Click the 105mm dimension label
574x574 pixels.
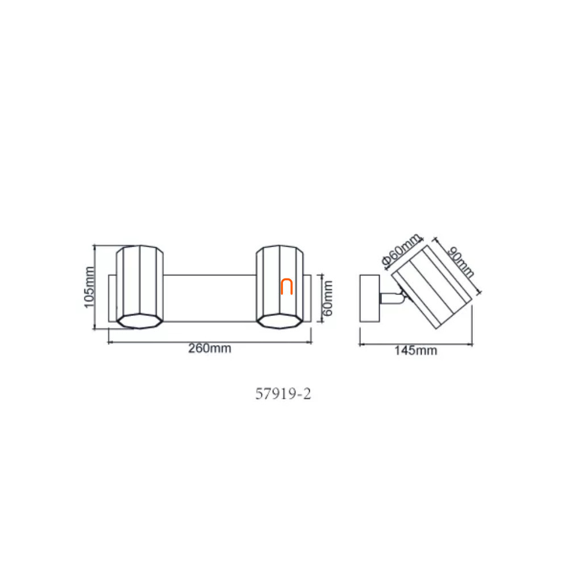click(x=89, y=288)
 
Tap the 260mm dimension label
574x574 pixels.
click(x=210, y=348)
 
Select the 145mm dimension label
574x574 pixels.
click(x=415, y=351)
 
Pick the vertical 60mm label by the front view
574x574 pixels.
click(x=327, y=298)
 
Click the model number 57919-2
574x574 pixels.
click(x=283, y=394)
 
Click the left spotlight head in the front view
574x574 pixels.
click(x=139, y=287)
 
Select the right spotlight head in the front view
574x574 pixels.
click(x=280, y=287)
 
